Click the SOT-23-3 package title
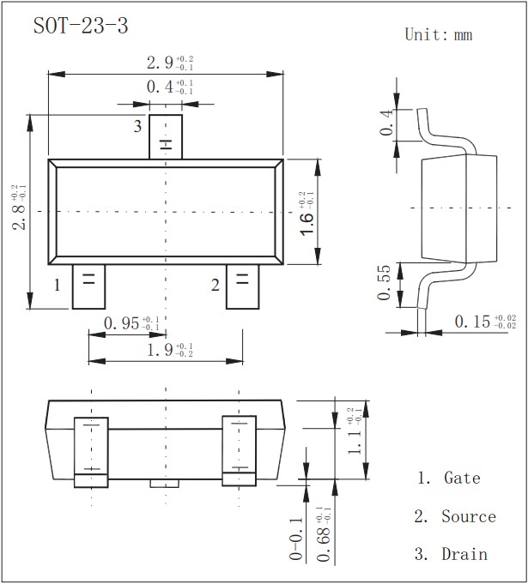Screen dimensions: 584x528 81,27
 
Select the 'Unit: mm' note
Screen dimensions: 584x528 438,35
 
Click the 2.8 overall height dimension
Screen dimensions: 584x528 18,209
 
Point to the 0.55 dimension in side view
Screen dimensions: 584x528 384,283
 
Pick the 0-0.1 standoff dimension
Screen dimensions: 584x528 296,539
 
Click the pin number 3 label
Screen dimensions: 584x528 137,127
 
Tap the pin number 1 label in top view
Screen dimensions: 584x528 58,285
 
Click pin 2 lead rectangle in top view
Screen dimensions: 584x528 242,286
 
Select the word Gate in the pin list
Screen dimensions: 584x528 462,479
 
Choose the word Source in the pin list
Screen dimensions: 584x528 469,516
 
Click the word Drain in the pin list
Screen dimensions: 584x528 464,555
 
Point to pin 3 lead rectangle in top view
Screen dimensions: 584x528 166,136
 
